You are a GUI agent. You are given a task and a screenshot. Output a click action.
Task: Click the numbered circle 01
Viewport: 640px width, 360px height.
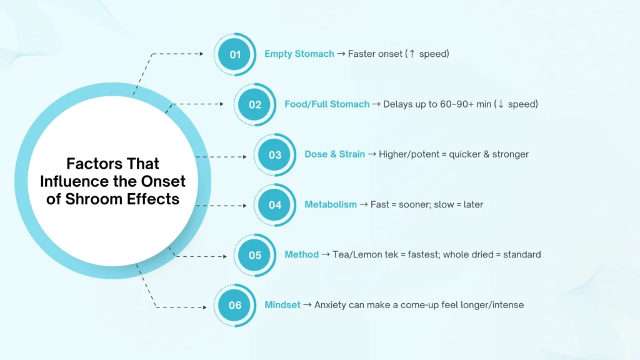click(235, 54)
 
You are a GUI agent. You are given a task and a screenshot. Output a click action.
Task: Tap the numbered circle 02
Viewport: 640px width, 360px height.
click(255, 104)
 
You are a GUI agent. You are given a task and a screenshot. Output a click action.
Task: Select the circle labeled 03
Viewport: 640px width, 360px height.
click(275, 155)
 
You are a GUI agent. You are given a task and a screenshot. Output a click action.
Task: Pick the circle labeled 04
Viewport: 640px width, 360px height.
click(275, 205)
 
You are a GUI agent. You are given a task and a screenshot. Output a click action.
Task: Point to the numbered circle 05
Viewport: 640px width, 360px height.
click(255, 255)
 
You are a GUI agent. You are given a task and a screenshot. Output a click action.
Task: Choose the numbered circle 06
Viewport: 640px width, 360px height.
click(235, 305)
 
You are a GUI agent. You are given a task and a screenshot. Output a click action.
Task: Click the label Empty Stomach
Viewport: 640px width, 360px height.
click(299, 54)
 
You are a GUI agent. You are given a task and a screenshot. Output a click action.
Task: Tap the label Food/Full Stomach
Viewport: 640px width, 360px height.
click(327, 104)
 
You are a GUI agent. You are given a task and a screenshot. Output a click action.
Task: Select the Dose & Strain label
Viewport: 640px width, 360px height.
click(335, 154)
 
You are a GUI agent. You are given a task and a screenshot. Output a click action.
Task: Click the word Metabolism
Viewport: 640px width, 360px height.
click(331, 204)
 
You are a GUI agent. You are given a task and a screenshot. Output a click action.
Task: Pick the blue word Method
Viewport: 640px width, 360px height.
click(302, 255)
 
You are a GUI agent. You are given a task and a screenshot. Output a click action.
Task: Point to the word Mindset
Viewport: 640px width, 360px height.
click(282, 305)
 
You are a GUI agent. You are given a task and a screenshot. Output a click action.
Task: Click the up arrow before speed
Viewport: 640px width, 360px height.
click(412, 54)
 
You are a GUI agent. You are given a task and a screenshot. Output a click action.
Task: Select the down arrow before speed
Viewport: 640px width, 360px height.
click(501, 104)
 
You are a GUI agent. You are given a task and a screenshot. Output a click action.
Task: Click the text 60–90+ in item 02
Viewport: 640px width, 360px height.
click(457, 104)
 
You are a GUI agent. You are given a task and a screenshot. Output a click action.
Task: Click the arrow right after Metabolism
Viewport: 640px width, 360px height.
click(364, 204)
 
